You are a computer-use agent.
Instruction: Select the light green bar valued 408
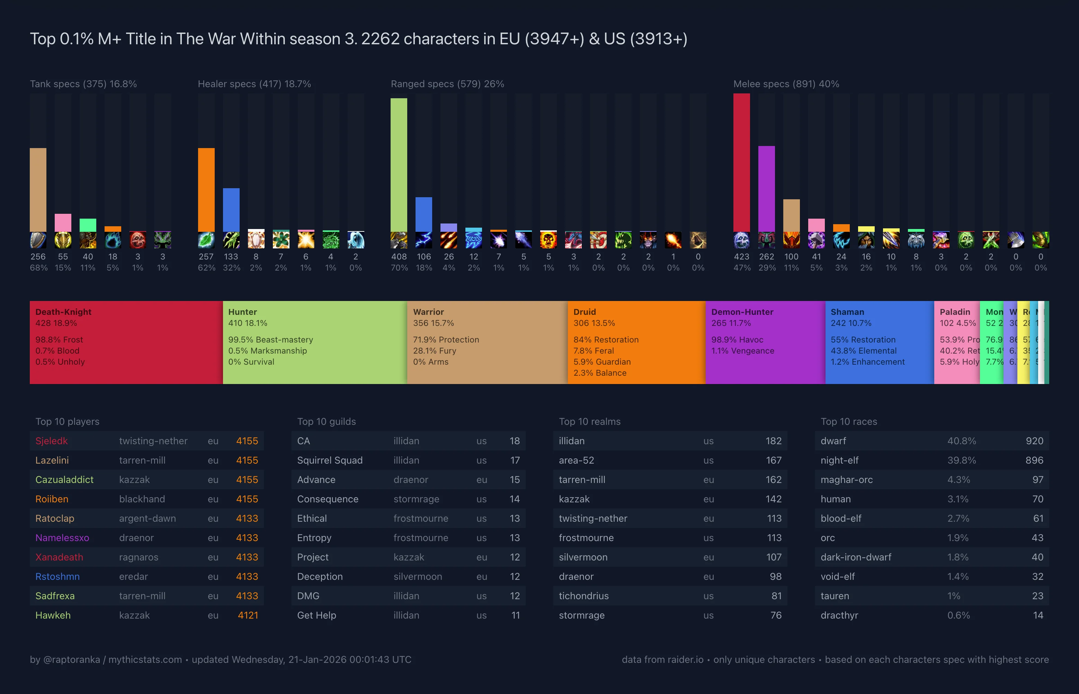click(x=399, y=165)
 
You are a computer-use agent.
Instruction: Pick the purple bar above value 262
click(x=766, y=189)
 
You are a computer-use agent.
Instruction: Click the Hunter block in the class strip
click(x=315, y=343)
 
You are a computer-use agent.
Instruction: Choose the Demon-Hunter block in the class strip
click(x=765, y=343)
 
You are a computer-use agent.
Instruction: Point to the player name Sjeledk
click(x=52, y=441)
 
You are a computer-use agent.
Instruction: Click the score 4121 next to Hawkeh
click(x=248, y=615)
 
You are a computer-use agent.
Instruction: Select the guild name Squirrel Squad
click(x=330, y=460)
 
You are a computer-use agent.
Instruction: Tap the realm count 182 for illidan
click(x=773, y=441)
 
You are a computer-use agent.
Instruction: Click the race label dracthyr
click(x=839, y=615)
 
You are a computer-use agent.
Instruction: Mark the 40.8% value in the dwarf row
click(x=961, y=441)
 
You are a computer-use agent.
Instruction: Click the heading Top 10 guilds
click(x=326, y=421)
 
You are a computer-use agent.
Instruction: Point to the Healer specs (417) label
click(x=254, y=84)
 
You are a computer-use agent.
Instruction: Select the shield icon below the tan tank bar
click(x=38, y=240)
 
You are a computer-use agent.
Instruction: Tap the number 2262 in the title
click(x=380, y=39)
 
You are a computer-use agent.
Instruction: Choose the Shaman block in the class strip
click(x=879, y=343)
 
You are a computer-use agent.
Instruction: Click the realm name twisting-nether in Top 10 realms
click(x=593, y=518)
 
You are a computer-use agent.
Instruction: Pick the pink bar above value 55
click(x=63, y=222)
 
